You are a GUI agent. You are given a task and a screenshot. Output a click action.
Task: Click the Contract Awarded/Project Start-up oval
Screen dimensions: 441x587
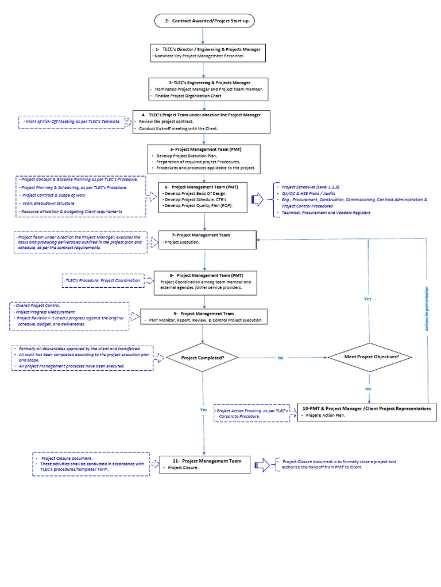point(204,21)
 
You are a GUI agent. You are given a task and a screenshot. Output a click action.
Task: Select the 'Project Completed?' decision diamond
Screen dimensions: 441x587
point(203,358)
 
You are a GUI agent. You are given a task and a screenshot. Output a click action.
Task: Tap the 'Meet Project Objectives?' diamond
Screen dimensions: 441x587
point(370,357)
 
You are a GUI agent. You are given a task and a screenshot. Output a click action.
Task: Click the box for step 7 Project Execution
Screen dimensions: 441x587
point(207,240)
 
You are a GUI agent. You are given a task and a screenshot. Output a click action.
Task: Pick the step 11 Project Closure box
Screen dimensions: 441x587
point(205,464)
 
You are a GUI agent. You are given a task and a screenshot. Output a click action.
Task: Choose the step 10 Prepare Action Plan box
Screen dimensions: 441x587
point(367,412)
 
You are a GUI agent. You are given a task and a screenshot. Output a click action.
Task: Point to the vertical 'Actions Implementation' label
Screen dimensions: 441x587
point(427,308)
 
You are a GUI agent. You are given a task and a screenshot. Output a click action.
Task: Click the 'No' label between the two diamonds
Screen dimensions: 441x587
point(280,358)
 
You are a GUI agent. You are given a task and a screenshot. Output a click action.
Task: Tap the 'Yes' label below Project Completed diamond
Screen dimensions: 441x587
point(203,409)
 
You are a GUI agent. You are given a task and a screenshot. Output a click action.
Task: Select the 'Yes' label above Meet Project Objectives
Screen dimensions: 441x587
point(367,299)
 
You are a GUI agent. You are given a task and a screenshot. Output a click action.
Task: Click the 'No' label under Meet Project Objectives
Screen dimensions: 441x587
point(368,389)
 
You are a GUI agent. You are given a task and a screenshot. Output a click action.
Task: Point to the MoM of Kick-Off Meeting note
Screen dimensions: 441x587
point(72,122)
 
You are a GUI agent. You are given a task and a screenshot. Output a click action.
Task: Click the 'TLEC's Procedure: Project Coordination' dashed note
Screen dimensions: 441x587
point(103,280)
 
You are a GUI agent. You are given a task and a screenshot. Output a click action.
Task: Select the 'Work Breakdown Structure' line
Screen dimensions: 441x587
point(48,204)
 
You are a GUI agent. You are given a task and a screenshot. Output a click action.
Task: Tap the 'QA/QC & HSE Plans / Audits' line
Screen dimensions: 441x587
point(308,194)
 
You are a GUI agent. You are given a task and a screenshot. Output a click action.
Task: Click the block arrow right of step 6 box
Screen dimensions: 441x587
point(258,199)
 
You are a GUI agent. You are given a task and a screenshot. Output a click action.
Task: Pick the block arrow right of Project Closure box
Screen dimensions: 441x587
point(262,465)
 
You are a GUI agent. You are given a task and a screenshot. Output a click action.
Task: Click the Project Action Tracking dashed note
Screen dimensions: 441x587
point(252,413)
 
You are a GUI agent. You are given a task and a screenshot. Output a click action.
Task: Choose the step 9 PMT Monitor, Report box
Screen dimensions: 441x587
point(204,316)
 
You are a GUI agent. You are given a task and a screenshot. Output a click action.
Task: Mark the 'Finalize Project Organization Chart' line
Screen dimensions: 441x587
point(188,96)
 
